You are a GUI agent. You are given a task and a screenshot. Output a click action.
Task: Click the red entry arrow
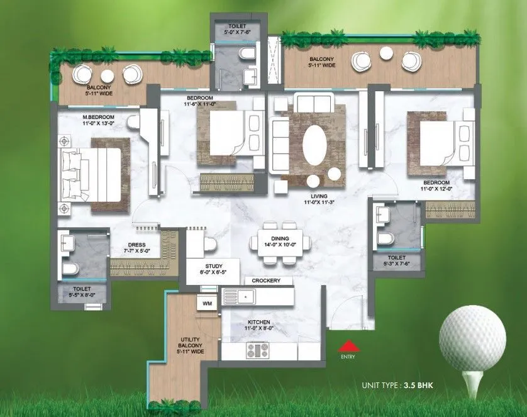pyautogui.click(x=347, y=345)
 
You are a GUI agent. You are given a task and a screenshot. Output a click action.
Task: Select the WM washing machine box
pyautogui.click(x=206, y=304)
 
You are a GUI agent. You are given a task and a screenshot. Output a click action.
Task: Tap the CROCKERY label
pyautogui.click(x=265, y=281)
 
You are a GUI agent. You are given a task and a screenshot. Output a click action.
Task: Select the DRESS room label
pyautogui.click(x=136, y=247)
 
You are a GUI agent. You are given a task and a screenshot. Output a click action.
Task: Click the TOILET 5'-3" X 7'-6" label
pyautogui.click(x=396, y=260)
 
